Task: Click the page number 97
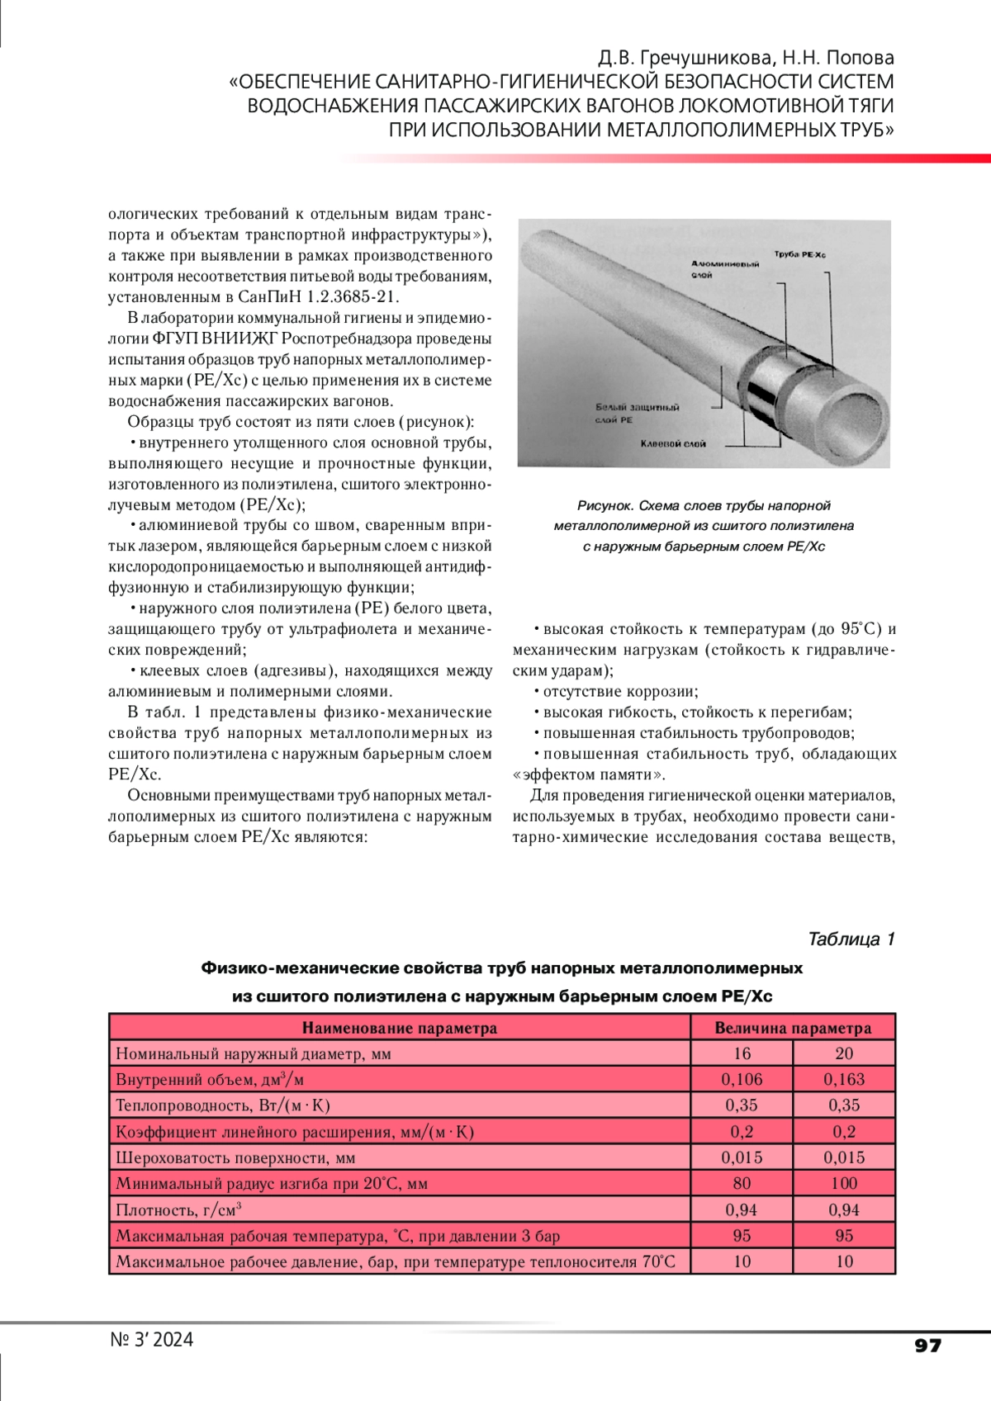click(x=927, y=1346)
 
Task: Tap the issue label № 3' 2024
click(x=152, y=1339)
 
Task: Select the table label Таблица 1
click(x=851, y=939)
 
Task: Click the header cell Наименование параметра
click(x=400, y=1028)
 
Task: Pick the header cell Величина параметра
click(x=793, y=1028)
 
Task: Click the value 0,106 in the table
click(x=742, y=1079)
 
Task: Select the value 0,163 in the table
click(x=844, y=1079)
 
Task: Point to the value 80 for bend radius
click(x=742, y=1183)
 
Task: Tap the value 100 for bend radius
click(x=844, y=1183)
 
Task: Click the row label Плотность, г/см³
click(x=178, y=1209)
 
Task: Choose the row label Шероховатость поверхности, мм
click(x=235, y=1157)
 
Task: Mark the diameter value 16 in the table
click(x=742, y=1053)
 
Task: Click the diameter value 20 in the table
click(x=844, y=1053)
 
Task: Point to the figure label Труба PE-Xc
click(x=799, y=254)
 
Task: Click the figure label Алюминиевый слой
click(x=724, y=268)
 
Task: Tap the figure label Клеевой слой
click(x=673, y=444)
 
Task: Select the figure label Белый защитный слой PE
click(x=637, y=413)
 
